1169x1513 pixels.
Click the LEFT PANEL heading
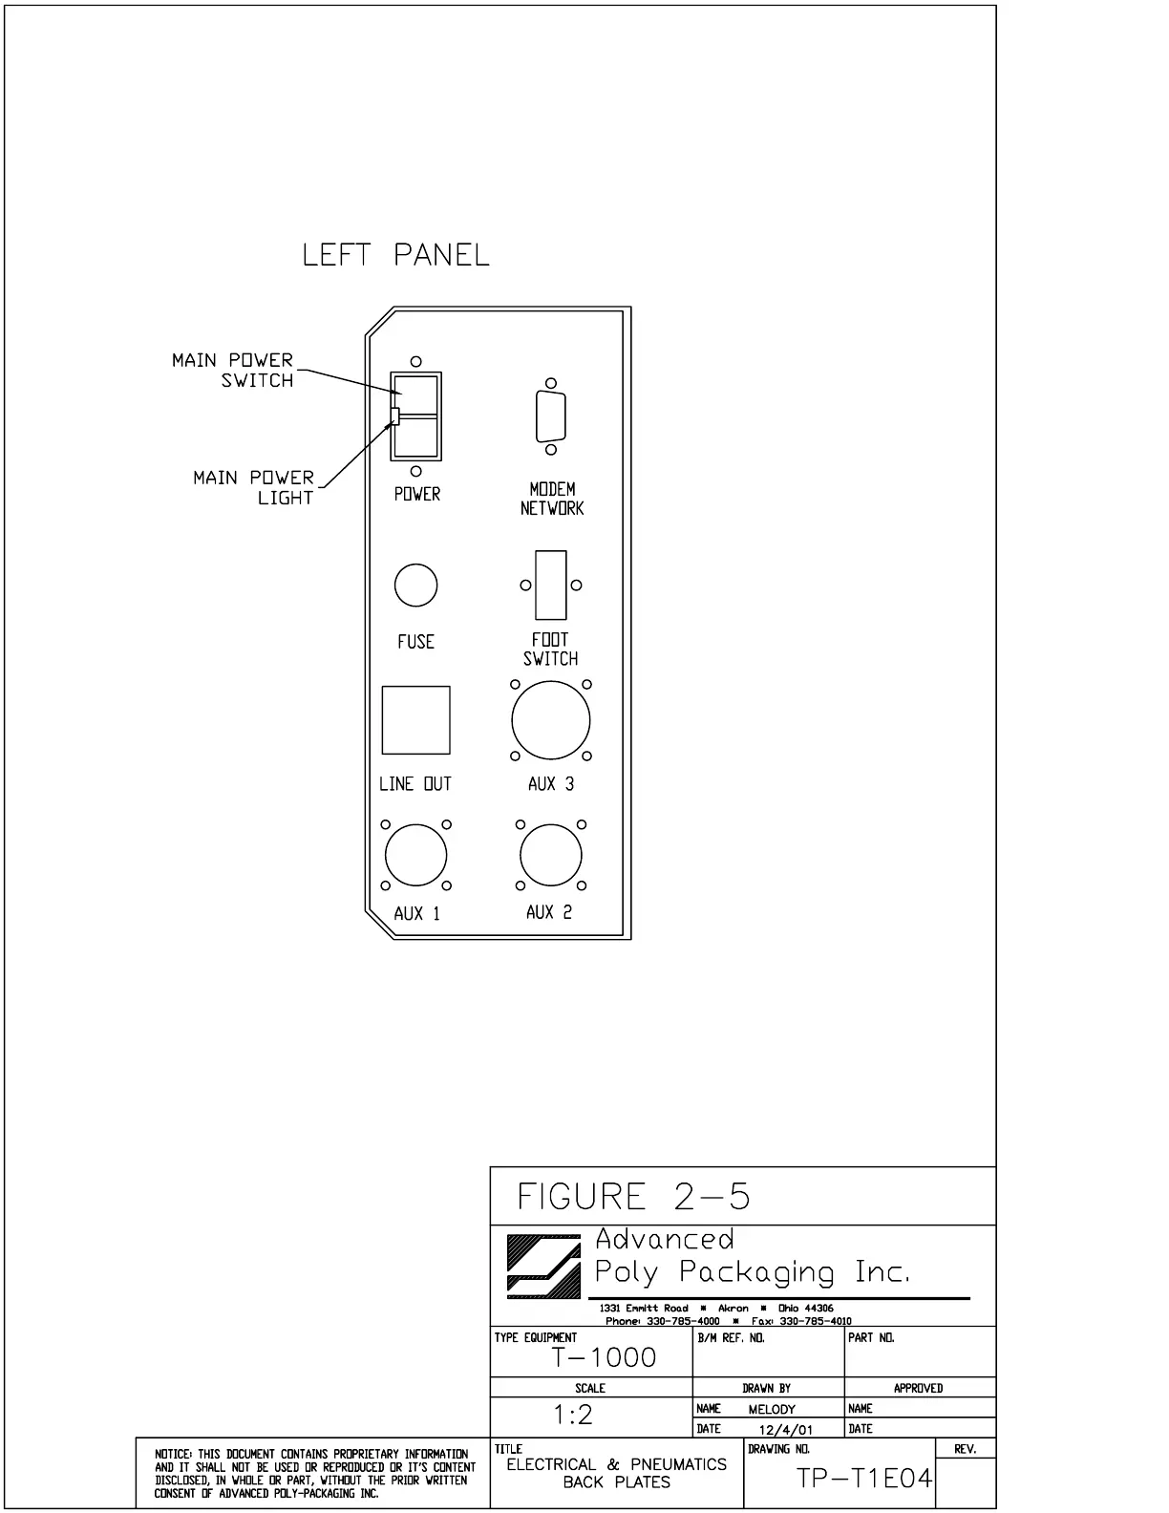(x=395, y=255)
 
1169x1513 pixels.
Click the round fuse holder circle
(x=415, y=586)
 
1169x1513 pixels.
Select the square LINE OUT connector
(x=415, y=720)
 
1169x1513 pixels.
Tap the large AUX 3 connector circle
(x=551, y=720)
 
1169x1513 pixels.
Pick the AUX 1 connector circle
(x=415, y=856)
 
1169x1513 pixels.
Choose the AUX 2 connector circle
(x=550, y=856)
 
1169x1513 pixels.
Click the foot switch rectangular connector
(x=551, y=585)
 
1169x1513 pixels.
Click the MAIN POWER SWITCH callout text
(x=233, y=370)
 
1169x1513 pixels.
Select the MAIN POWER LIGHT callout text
(x=254, y=487)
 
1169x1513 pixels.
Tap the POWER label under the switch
(x=417, y=494)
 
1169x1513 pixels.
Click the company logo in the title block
(x=543, y=1267)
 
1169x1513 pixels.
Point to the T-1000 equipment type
(x=605, y=1357)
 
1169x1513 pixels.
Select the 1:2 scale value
(x=573, y=1415)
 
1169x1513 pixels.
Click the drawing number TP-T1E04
(x=863, y=1479)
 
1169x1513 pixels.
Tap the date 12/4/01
(x=786, y=1430)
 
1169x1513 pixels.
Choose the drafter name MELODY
(x=772, y=1409)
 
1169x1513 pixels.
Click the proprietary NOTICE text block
(x=314, y=1473)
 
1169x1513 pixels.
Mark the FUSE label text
(x=415, y=642)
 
